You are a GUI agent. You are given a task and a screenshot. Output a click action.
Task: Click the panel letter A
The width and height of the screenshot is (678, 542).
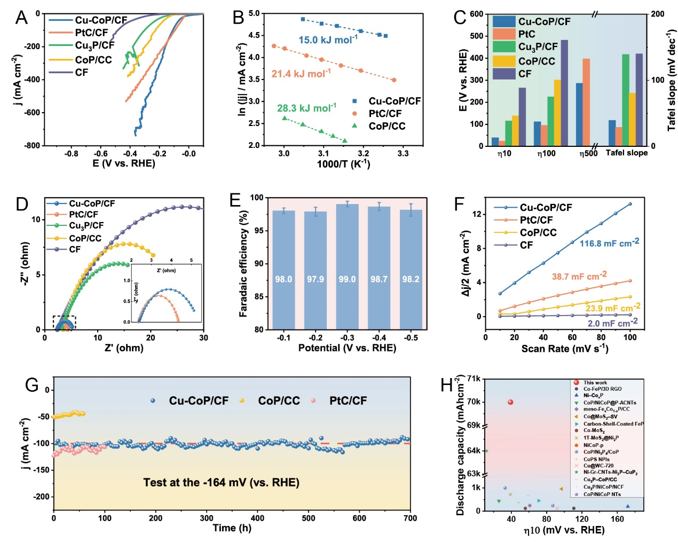tap(21, 18)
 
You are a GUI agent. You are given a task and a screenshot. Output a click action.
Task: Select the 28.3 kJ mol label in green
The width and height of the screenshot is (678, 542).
tap(306, 108)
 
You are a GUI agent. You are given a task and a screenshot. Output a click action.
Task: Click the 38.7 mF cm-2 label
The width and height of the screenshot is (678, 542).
tap(579, 276)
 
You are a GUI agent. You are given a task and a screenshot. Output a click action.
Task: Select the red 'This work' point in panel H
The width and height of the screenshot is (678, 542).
tap(510, 402)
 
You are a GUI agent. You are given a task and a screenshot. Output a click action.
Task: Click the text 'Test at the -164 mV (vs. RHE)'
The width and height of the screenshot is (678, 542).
tap(221, 483)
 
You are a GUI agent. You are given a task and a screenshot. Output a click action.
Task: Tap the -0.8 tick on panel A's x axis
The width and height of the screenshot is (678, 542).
tap(71, 154)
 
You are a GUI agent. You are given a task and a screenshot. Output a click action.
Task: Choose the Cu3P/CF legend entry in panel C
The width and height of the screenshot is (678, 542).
tap(538, 47)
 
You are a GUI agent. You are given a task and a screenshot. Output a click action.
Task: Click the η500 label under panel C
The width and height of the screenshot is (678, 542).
tap(588, 154)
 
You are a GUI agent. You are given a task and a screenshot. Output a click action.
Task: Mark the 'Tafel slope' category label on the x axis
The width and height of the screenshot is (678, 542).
tap(626, 153)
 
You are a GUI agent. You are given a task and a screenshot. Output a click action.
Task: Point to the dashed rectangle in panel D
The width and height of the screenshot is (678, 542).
tap(65, 323)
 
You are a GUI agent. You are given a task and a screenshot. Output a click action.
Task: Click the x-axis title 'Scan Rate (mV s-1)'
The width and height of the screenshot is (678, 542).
tap(565, 349)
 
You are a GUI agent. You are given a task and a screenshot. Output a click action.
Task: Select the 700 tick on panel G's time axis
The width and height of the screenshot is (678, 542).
tap(410, 518)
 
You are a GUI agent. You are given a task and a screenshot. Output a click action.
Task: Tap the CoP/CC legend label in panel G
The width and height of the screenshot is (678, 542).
tap(279, 400)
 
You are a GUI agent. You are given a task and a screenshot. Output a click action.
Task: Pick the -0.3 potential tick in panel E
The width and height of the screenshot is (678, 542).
tap(347, 337)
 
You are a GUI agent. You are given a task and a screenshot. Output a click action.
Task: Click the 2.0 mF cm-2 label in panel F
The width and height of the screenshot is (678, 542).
tap(612, 323)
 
